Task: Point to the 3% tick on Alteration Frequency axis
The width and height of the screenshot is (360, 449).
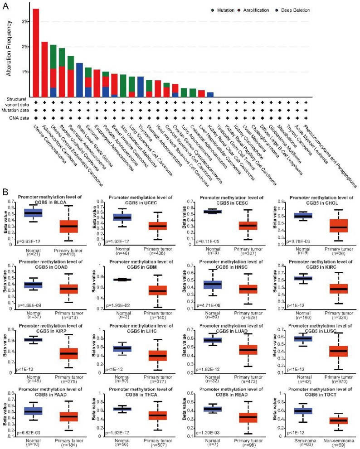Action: (x=26, y=21)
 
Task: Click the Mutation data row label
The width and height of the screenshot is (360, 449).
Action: (x=14, y=109)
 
